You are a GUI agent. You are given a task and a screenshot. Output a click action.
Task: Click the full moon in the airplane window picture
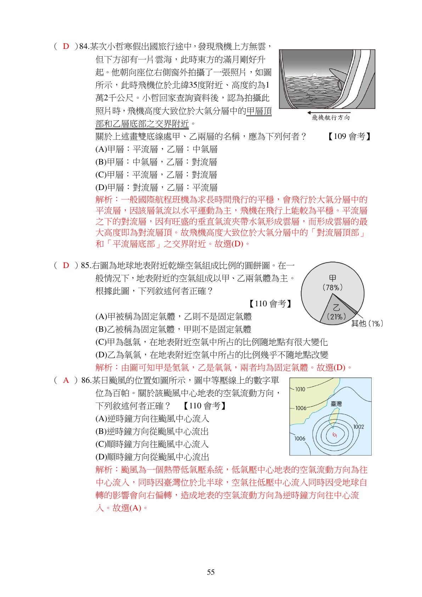[314, 74]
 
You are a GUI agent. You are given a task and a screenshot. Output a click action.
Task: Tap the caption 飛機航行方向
[330, 118]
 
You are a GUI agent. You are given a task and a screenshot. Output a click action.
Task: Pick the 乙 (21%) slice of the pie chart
[336, 312]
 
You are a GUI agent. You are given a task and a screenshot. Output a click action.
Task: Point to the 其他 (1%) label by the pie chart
[367, 323]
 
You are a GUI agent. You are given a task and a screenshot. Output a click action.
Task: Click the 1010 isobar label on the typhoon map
[300, 389]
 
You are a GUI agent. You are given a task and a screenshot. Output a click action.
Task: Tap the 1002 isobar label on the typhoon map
[359, 427]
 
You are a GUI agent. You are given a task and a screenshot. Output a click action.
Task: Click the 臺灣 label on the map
[336, 404]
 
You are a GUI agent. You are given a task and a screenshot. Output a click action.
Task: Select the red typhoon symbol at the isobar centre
[334, 435]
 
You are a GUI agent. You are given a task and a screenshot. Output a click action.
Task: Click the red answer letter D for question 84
[66, 46]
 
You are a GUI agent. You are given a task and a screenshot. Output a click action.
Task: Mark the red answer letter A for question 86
[66, 380]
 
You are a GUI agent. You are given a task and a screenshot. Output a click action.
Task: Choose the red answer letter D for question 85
[66, 266]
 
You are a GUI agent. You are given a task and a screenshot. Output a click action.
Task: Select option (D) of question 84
[156, 188]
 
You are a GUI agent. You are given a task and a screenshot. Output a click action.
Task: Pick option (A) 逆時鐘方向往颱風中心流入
[152, 419]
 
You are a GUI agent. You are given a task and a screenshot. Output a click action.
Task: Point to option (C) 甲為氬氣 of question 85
[212, 342]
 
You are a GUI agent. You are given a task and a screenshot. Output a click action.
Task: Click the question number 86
[86, 380]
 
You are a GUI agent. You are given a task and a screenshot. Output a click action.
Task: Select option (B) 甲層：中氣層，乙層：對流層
[156, 162]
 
